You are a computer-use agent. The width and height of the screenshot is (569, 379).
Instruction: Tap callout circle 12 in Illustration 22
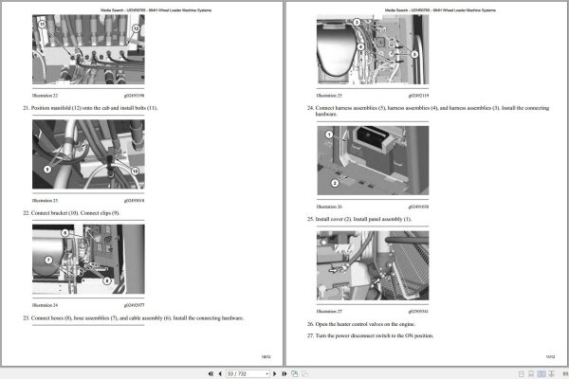136,29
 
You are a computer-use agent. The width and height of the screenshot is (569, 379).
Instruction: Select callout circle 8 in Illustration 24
107,281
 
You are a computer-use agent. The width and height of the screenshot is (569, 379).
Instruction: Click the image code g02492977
134,306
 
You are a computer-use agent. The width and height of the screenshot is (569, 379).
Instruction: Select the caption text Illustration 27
328,309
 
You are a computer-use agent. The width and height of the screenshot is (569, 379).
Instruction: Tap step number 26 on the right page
310,324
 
